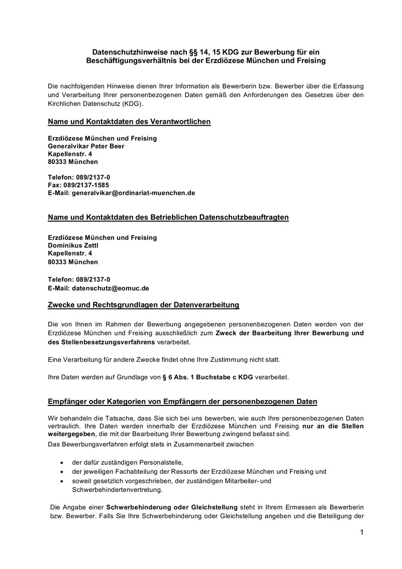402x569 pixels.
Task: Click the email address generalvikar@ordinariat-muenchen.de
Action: coord(133,193)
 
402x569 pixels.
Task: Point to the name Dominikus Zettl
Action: coord(73,245)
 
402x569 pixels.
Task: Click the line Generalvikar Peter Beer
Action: coord(85,146)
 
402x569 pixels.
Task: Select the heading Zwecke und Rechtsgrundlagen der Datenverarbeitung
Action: coord(143,305)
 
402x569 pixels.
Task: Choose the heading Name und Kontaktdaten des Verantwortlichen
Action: coord(129,121)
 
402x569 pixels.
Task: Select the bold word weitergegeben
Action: coord(71,434)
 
